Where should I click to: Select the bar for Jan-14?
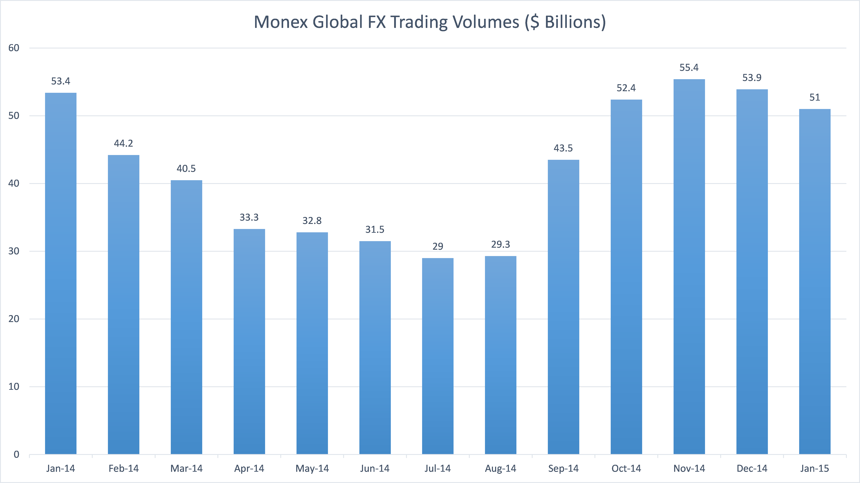click(x=61, y=274)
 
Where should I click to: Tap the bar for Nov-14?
click(x=689, y=267)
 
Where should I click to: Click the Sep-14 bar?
click(x=563, y=307)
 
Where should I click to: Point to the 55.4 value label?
click(x=689, y=68)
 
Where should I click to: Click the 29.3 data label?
click(x=500, y=244)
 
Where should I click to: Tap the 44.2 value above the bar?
click(x=124, y=143)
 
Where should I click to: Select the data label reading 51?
click(x=815, y=97)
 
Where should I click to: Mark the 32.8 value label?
click(x=312, y=220)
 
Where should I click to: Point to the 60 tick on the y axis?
click(x=14, y=48)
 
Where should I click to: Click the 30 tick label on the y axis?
click(x=14, y=251)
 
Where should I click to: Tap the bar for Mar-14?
click(x=186, y=317)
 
